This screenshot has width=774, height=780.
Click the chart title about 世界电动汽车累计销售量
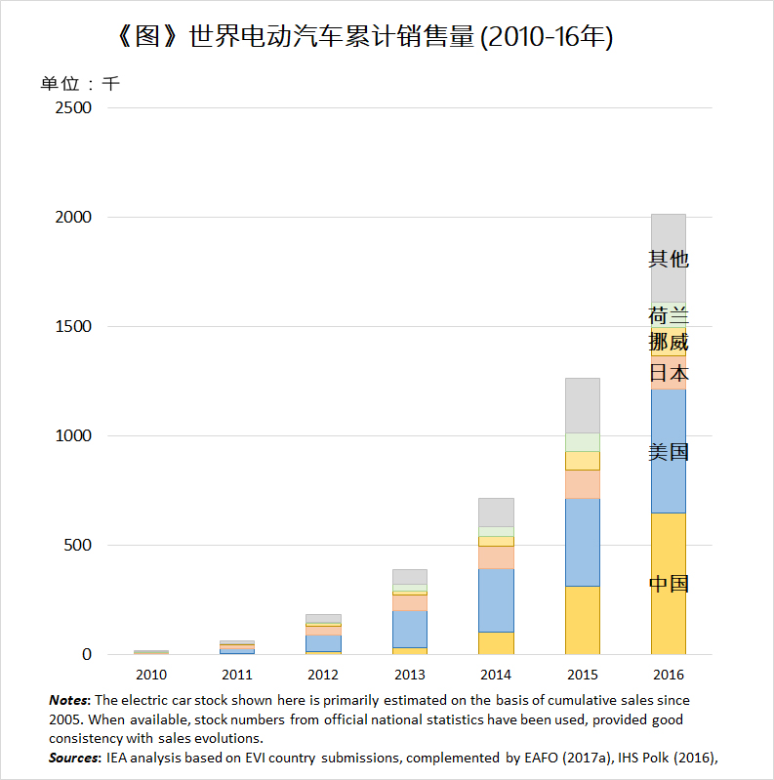point(364,36)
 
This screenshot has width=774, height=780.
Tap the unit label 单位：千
point(80,84)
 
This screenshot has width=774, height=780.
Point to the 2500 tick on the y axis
point(73,107)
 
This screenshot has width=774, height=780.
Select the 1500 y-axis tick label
point(73,326)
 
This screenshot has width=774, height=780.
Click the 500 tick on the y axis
point(78,545)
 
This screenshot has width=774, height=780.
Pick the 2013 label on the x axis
point(409,675)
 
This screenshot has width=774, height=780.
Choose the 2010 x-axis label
point(151,675)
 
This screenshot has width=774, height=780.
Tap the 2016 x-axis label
point(668,675)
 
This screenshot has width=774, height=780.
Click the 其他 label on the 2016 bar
point(669,259)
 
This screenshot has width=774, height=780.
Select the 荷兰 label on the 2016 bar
point(669,315)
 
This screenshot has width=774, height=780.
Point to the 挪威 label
point(669,343)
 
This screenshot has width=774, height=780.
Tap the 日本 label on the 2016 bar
point(669,373)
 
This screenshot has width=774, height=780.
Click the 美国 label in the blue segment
point(669,452)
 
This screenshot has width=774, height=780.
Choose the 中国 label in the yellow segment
point(669,584)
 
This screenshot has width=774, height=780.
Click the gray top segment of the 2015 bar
point(583,405)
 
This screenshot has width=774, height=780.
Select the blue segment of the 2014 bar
point(496,600)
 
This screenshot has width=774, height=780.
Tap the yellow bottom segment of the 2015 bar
point(583,620)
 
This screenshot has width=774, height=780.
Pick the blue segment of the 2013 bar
point(410,630)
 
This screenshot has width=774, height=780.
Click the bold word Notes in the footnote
point(68,700)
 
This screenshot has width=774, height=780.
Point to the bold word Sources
point(74,759)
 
